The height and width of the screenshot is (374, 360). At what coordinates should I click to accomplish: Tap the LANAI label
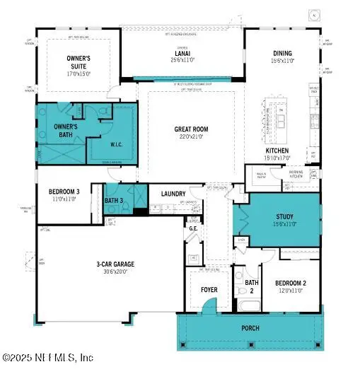[182, 52]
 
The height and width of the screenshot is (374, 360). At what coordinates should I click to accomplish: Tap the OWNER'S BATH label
[56, 132]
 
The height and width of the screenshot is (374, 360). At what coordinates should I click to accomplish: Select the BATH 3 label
[114, 201]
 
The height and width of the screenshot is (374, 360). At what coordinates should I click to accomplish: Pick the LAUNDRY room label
[173, 194]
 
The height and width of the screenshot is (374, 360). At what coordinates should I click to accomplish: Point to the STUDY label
[284, 217]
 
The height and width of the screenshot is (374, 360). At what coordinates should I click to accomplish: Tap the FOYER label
[209, 290]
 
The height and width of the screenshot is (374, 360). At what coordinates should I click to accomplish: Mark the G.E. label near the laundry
[192, 228]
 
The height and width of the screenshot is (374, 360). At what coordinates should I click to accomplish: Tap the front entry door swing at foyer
[209, 306]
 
